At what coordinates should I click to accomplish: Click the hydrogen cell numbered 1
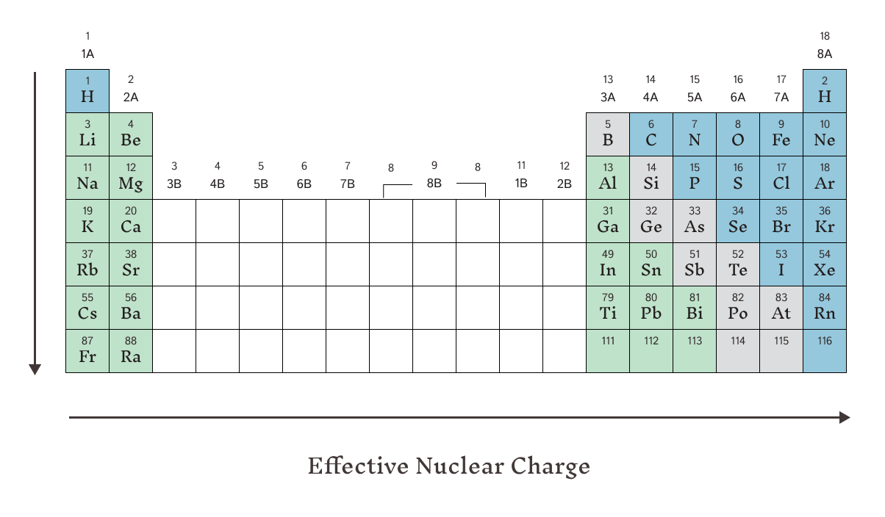[87, 91]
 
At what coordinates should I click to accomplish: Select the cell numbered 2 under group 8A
[825, 91]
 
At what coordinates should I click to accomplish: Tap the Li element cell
[87, 134]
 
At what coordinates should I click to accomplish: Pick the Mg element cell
[131, 178]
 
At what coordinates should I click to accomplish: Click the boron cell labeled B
[608, 134]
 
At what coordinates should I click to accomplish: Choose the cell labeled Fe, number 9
[781, 134]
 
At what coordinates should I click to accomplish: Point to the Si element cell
[651, 178]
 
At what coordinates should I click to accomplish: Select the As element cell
[695, 221]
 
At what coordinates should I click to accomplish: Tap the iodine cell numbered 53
[781, 264]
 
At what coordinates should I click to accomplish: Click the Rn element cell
[825, 308]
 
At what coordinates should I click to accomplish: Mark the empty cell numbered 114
[738, 351]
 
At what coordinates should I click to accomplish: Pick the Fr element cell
[87, 351]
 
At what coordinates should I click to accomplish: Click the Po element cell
[738, 308]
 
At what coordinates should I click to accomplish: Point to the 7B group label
[347, 184]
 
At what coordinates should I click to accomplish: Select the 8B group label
[434, 184]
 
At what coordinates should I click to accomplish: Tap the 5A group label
[695, 98]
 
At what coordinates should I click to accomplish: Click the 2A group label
[131, 98]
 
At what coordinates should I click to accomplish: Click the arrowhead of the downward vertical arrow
[35, 369]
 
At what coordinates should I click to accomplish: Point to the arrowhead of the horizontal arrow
[845, 418]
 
